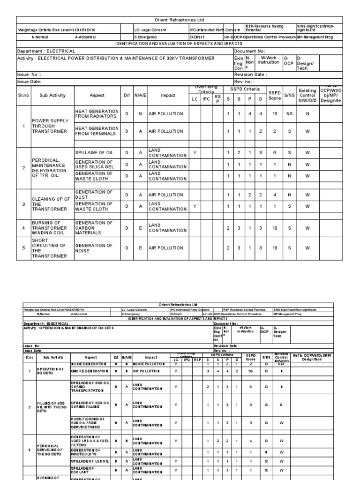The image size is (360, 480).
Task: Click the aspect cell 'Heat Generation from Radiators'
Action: click(x=97, y=113)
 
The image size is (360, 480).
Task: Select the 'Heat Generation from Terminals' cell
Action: click(x=97, y=131)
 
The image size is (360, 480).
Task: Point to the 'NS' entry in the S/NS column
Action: click(x=289, y=113)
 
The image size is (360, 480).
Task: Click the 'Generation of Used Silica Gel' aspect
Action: click(x=97, y=165)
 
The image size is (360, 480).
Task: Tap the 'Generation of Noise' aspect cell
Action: click(x=97, y=248)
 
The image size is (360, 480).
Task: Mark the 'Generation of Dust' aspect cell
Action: click(x=97, y=195)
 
